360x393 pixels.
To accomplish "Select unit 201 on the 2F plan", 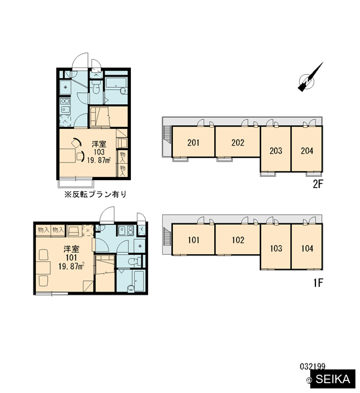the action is [193, 142].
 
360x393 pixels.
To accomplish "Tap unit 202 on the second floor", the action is [238, 142].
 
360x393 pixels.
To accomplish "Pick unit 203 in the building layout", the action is [276, 149].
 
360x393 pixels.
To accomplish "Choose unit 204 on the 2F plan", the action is [307, 149].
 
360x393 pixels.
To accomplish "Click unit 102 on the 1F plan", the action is [238, 240].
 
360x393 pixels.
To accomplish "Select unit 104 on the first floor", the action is [307, 247].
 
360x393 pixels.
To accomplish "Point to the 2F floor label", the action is [317, 184].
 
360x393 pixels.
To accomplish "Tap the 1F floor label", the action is [317, 283].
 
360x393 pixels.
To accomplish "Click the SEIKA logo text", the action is [333, 379].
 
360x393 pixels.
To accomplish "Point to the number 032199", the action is [312, 367].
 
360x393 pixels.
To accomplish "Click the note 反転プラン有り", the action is [96, 195].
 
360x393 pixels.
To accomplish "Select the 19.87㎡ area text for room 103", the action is [99, 160].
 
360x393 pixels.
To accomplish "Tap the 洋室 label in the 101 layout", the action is [71, 249].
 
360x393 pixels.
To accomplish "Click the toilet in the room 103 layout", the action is [96, 87].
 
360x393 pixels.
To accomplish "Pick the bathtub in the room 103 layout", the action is [116, 86].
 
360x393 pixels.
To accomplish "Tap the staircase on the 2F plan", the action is [167, 134].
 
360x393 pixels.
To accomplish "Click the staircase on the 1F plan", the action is [167, 236].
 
